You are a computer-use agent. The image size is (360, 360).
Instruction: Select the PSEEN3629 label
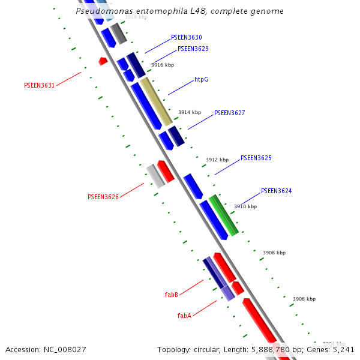coord(193,49)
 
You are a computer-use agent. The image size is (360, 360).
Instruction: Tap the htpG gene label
coord(202,80)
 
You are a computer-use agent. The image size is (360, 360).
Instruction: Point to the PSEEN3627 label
coord(230,113)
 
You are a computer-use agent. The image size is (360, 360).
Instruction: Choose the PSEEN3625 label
coord(256,158)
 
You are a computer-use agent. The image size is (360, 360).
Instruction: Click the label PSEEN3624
coord(277,191)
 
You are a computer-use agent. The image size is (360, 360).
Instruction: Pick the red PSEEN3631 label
coord(39,85)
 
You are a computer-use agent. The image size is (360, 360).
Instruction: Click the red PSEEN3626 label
coord(103,197)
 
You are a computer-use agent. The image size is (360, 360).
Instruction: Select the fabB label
coord(171,295)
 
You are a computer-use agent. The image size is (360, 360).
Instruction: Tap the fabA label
coord(184,316)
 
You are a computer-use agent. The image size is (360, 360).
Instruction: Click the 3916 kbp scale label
coord(163,65)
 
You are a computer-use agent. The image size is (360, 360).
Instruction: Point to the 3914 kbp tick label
coord(190,112)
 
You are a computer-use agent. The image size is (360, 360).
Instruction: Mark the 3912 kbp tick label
coord(217,160)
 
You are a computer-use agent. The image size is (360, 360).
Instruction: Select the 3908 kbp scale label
coord(274,253)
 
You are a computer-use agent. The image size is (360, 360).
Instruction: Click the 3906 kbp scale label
coord(304,299)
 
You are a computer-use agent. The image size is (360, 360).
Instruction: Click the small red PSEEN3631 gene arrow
coord(103,61)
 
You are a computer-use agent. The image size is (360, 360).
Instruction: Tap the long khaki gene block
coord(156,101)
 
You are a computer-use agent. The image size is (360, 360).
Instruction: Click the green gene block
coord(223,215)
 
